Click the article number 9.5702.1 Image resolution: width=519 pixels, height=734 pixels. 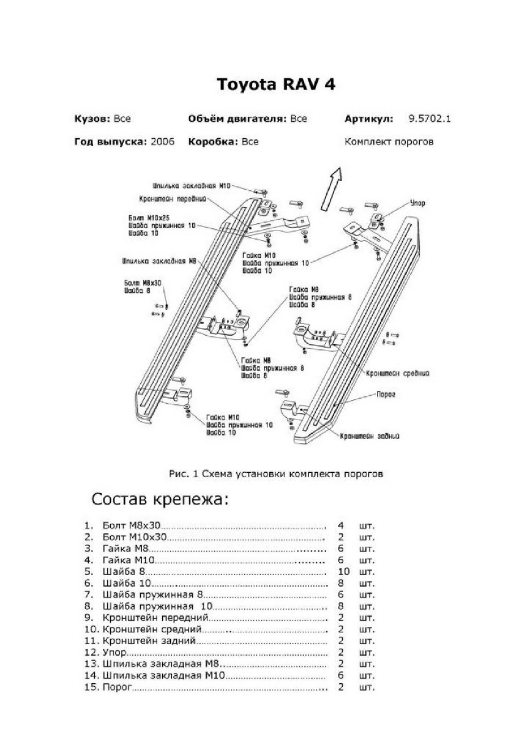[x=429, y=119]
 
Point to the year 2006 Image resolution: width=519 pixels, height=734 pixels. [x=162, y=142]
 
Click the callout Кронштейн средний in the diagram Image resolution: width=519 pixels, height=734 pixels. [x=398, y=372]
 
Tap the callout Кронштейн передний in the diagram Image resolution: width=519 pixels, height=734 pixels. [x=172, y=199]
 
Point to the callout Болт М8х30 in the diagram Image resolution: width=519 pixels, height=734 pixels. [x=143, y=284]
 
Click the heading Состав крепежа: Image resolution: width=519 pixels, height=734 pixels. [x=160, y=499]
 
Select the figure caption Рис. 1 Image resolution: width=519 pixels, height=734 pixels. [x=275, y=473]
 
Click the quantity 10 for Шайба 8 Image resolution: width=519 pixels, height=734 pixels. [x=343, y=571]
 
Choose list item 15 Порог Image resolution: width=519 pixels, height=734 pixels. [x=117, y=687]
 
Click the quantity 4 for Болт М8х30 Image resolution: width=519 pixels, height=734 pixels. [x=340, y=525]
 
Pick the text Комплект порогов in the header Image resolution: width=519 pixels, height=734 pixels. [x=389, y=142]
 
